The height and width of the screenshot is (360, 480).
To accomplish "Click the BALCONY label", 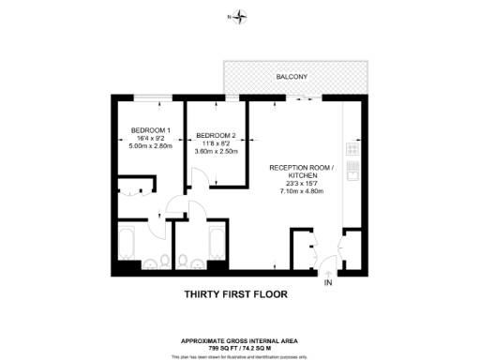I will [292, 76].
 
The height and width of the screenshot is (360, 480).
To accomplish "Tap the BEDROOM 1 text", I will [149, 129].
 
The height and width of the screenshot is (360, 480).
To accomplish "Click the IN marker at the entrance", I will [328, 282].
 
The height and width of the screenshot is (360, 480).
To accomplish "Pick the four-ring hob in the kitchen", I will [352, 148].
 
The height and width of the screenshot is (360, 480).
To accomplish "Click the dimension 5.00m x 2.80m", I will [149, 146].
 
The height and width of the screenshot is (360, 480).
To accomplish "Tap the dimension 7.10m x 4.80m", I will [302, 191].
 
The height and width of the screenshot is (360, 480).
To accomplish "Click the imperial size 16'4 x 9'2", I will [149, 138].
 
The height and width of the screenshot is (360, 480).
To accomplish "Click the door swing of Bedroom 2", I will [198, 176].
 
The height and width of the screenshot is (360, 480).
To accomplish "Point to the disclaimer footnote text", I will [240, 355].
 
